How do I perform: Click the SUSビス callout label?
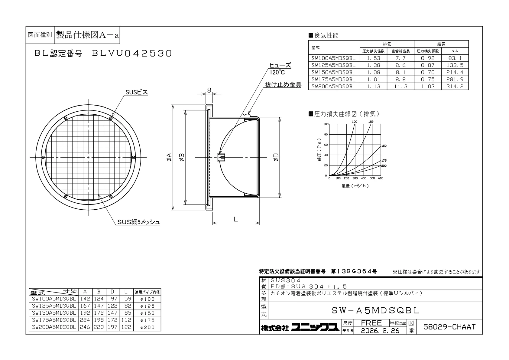tap(137, 92)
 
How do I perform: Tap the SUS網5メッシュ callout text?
tap(139, 222)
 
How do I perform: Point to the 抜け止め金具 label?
tap(283, 85)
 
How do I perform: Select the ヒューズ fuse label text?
tap(280, 65)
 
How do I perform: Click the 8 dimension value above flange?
tap(209, 90)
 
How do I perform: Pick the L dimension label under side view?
tap(236, 219)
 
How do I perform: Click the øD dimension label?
tap(276, 157)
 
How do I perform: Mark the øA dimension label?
tap(169, 157)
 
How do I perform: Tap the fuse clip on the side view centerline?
tap(221, 157)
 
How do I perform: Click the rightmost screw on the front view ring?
tap(134, 157)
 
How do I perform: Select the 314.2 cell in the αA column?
tap(455, 87)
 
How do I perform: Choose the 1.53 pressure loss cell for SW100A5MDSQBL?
tap(373, 58)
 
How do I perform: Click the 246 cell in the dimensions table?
tap(85, 327)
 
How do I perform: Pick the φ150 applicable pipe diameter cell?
tap(147, 313)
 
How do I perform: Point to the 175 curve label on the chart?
tap(384, 161)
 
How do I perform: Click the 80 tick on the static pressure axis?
tap(326, 134)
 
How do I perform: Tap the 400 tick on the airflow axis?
tap(364, 178)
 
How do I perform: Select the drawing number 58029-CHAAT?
tap(449, 327)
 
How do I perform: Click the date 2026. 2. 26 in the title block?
tap(380, 331)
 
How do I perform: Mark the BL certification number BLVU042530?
tap(131, 53)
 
